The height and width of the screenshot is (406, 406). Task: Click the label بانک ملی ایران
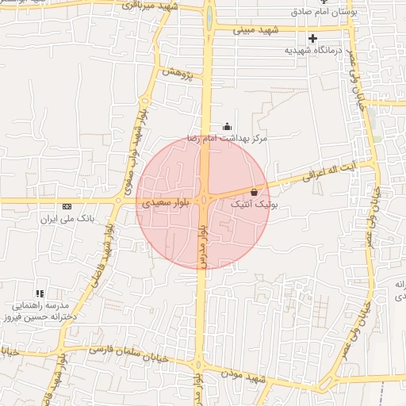(67, 216)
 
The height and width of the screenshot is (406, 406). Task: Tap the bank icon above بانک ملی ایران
(67, 206)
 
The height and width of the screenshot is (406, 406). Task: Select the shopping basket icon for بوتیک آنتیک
(254, 192)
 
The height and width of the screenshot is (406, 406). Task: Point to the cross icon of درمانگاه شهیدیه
(312, 38)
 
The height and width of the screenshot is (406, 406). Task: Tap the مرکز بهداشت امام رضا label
(228, 137)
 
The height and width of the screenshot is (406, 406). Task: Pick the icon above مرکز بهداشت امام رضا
(228, 126)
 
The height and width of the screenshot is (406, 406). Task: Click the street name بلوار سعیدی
(165, 204)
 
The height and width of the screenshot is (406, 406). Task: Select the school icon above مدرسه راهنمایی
(40, 293)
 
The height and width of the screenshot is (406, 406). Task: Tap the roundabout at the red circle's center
(204, 201)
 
